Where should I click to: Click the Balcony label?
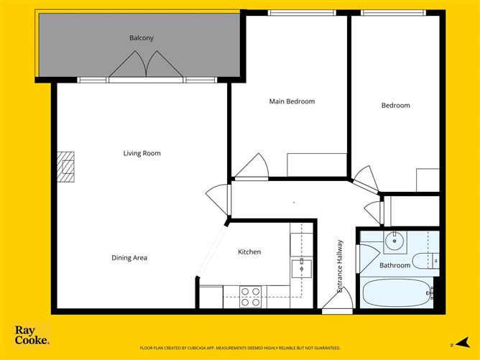142,38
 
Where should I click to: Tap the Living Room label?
142,153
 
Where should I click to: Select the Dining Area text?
129,258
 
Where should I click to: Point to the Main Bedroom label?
292,101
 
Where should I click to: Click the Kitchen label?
249,252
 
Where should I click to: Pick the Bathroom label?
395,265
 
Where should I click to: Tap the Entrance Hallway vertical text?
341,266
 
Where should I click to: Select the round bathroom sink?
394,241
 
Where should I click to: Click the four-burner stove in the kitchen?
250,297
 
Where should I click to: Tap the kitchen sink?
300,269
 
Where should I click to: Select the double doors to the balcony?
147,66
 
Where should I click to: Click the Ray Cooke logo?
32,336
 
